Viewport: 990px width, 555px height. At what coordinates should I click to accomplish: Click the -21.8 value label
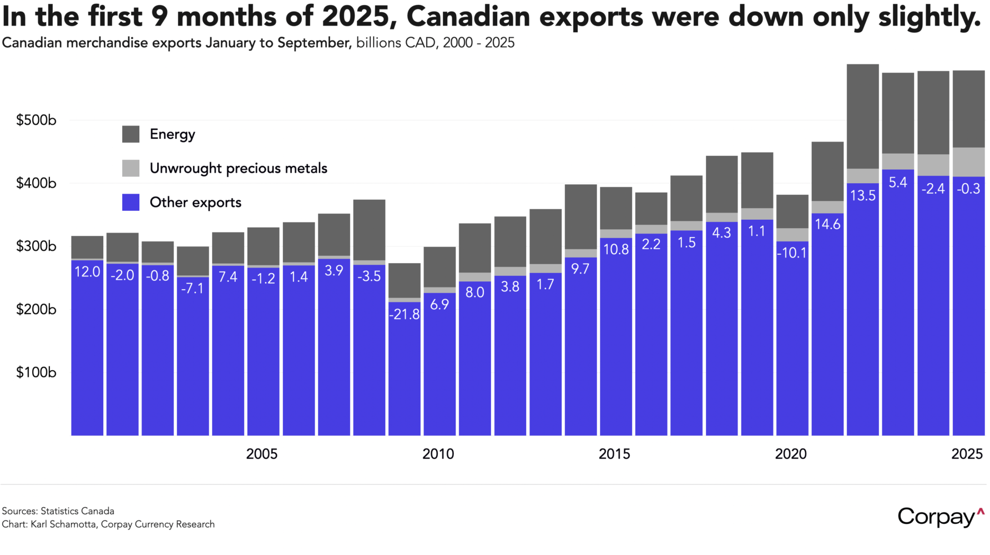pos(404,314)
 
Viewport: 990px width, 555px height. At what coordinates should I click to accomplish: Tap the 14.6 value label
pos(827,224)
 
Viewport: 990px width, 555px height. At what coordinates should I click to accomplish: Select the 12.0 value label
pos(87,271)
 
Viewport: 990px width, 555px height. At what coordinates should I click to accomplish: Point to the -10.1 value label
pos(792,253)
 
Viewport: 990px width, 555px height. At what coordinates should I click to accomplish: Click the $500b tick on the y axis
pos(36,120)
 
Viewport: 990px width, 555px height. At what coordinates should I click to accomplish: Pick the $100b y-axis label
pos(36,372)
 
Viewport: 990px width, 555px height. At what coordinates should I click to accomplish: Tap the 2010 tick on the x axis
pos(438,454)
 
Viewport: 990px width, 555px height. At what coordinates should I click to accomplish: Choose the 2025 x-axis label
pos(967,454)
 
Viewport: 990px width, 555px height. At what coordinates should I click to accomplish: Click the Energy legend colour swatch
pos(131,134)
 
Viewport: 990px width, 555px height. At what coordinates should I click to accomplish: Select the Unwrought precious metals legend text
pos(238,168)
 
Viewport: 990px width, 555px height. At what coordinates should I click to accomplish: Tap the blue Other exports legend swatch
pos(131,202)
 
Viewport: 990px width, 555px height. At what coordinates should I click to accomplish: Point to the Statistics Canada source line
pos(58,511)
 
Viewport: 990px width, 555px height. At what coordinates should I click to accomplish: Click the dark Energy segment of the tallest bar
pos(862,117)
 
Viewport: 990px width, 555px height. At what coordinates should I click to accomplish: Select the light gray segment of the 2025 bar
pos(968,162)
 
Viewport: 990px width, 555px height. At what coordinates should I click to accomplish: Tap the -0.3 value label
pos(968,189)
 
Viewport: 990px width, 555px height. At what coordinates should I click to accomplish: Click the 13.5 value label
pos(862,195)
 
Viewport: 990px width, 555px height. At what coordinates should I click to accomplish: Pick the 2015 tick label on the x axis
pos(614,454)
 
